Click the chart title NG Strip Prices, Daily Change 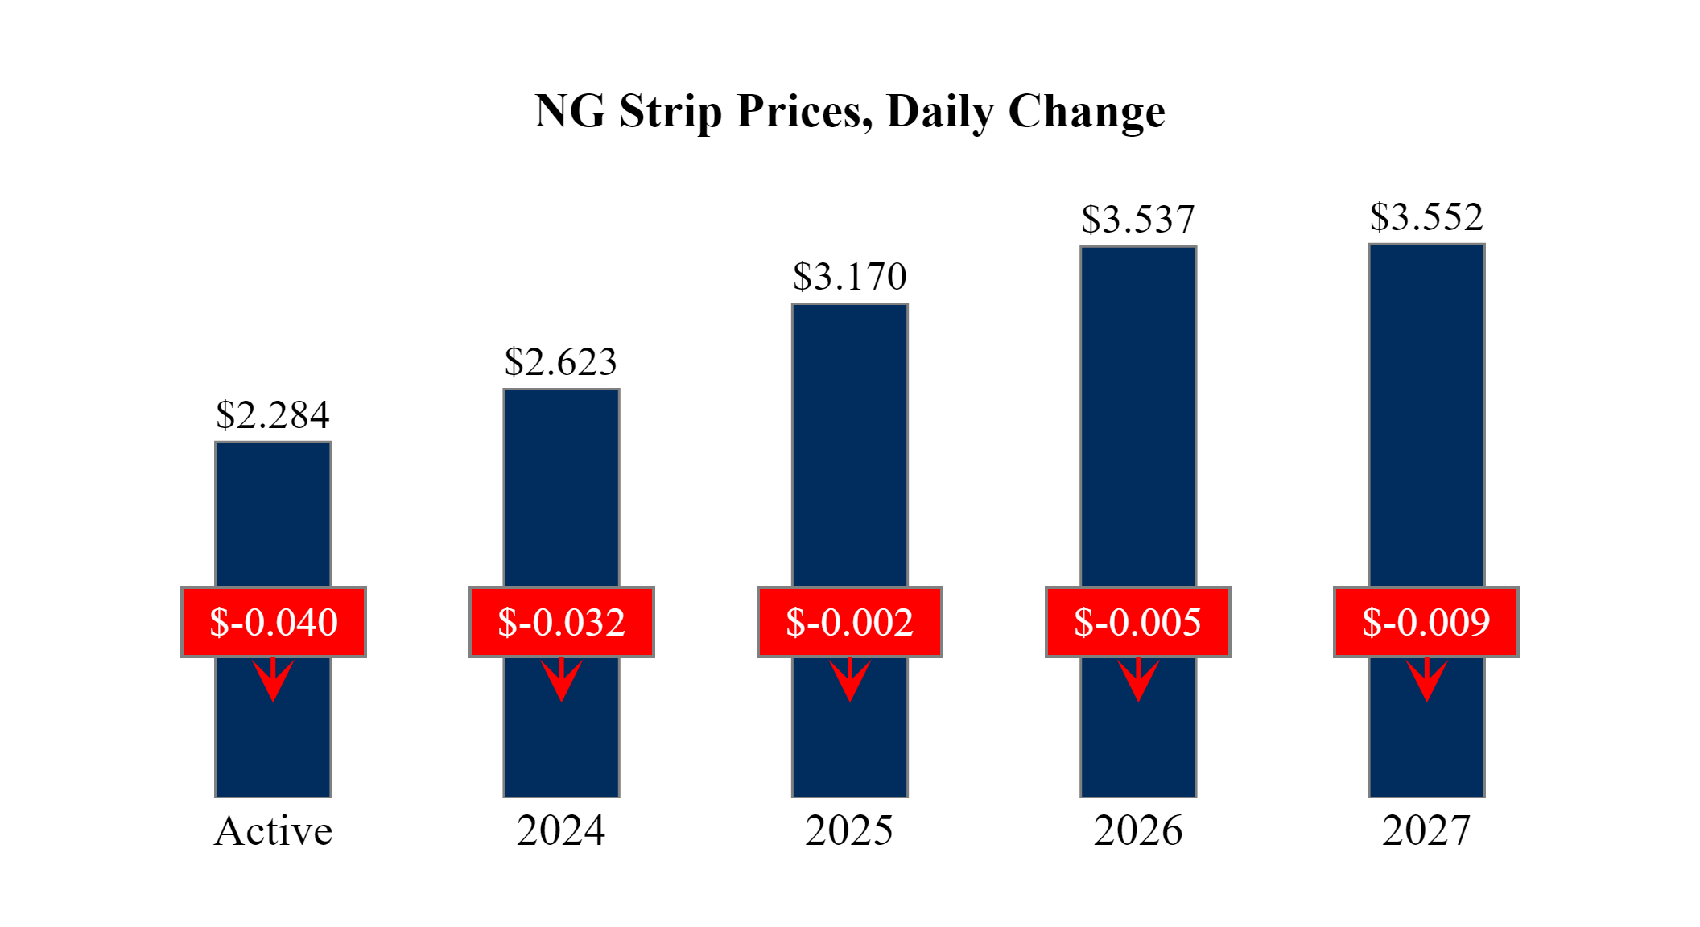(849, 111)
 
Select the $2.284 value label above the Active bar (273, 415)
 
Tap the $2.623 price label (561, 362)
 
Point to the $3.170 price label (850, 277)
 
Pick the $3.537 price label (1138, 220)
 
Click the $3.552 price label (1426, 217)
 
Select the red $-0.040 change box (274, 622)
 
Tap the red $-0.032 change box (562, 622)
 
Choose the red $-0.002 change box (850, 622)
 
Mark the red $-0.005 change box (1138, 622)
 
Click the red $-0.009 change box (1426, 622)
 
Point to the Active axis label (273, 830)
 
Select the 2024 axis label (561, 830)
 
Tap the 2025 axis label (849, 830)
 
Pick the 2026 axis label (1138, 830)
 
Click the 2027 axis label (1426, 830)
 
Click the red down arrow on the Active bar (273, 680)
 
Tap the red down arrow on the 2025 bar (850, 680)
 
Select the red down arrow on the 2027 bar (1426, 680)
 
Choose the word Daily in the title (940, 111)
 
